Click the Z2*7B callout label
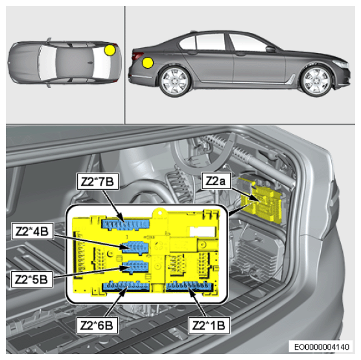coord(98,181)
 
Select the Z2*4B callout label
coord(32,231)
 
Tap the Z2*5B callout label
coord(32,279)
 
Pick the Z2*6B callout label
coord(97,325)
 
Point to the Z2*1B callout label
coord(209,325)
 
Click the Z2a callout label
coord(216,181)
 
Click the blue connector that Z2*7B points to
coord(126,225)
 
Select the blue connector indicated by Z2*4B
coord(135,247)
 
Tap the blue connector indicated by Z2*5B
coord(135,267)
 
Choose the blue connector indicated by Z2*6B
coord(126,286)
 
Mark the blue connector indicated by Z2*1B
coord(189,286)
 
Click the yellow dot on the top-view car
coord(110,50)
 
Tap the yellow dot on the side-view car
coord(148,63)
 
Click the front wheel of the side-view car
coord(316,80)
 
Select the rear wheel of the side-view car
coord(175,81)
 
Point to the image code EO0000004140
coord(321,346)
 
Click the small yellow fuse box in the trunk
coord(262,199)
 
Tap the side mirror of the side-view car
coord(270,49)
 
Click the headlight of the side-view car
coord(341,64)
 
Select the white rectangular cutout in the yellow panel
coord(202,231)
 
